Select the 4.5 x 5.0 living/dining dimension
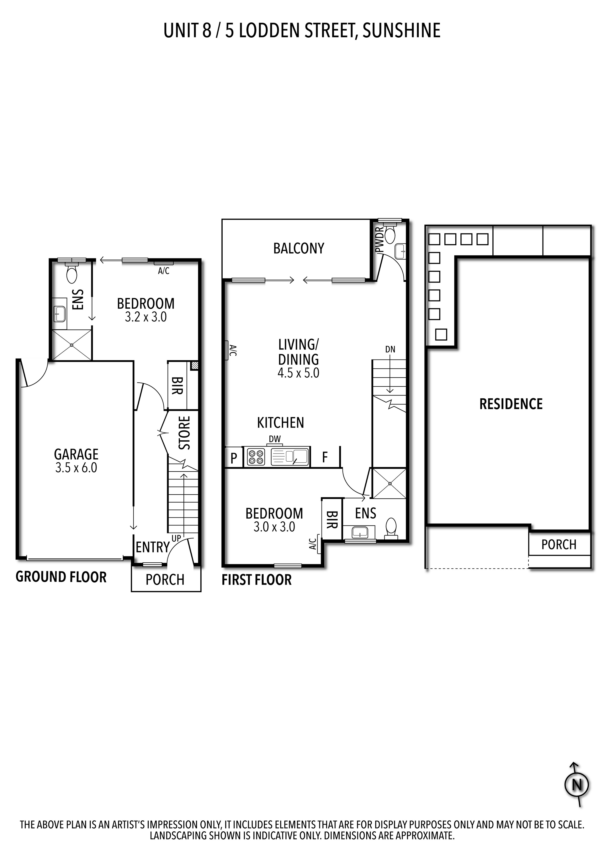click(x=299, y=373)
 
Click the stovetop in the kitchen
click(x=256, y=457)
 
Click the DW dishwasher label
click(x=275, y=439)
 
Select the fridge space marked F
click(x=325, y=457)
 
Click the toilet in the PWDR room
click(x=390, y=234)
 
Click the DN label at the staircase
click(x=390, y=349)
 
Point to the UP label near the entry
click(x=176, y=538)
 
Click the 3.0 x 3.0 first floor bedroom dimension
click(x=274, y=527)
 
